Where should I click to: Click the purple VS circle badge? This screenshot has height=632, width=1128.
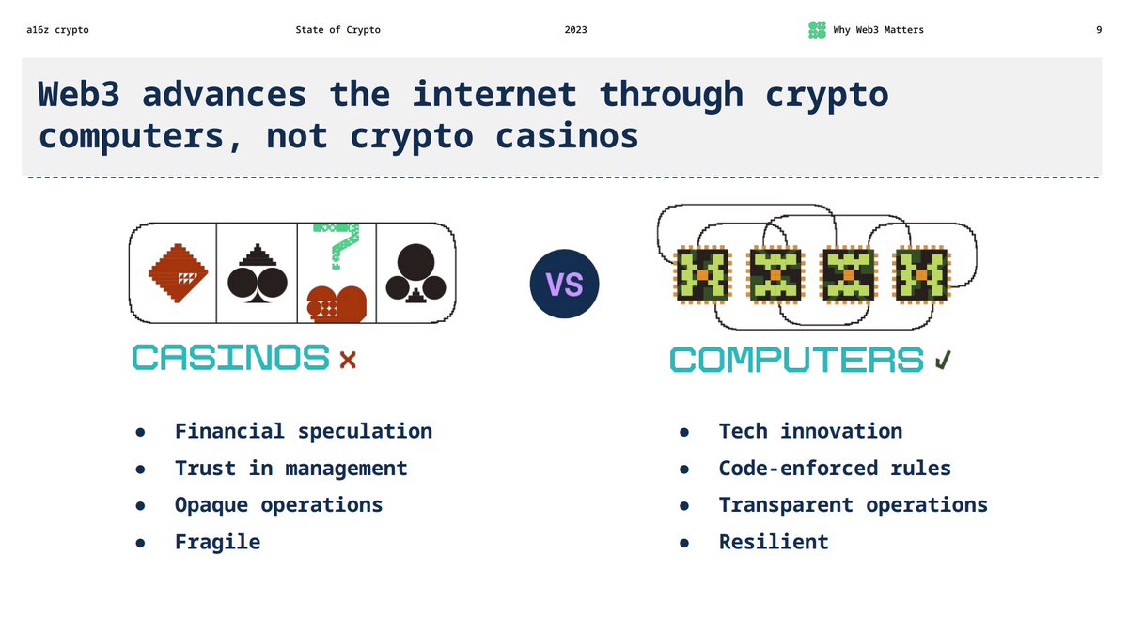point(564,285)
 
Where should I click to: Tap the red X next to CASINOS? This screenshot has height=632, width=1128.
point(348,360)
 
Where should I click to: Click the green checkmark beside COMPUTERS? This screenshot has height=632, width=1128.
point(943,360)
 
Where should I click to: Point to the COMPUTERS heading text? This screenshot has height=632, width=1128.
point(796,360)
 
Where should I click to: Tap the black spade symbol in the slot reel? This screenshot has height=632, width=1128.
point(257,274)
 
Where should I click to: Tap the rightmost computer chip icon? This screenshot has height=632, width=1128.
point(922,275)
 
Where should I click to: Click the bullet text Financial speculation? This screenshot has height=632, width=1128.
point(303,431)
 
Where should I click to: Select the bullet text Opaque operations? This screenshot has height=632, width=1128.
point(278,504)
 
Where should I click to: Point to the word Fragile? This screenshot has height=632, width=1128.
point(217,542)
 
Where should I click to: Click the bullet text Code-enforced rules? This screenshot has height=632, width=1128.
point(835,468)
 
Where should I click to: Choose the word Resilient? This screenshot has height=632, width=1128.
point(774,542)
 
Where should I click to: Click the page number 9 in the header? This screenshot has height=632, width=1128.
point(1099,30)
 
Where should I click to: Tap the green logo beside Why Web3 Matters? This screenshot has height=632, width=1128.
point(817,30)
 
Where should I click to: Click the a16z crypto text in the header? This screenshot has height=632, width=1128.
point(57,30)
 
